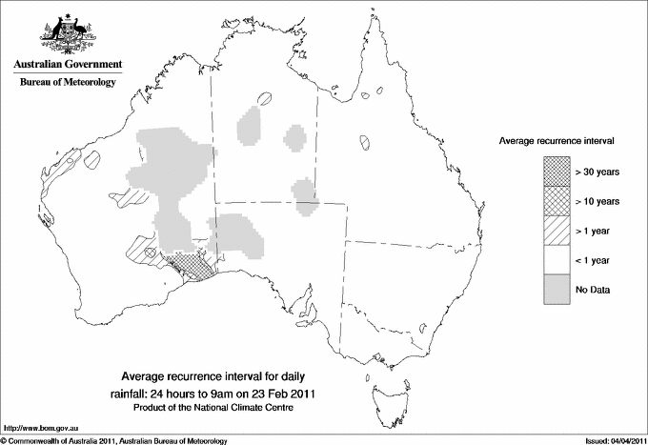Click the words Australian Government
click(67, 65)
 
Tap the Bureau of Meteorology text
click(67, 83)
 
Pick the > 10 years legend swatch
click(557, 200)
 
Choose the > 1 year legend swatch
click(557, 230)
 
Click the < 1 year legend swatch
click(557, 259)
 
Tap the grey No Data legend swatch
click(557, 289)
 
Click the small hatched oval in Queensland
click(368, 142)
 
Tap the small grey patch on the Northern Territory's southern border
click(304, 191)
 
